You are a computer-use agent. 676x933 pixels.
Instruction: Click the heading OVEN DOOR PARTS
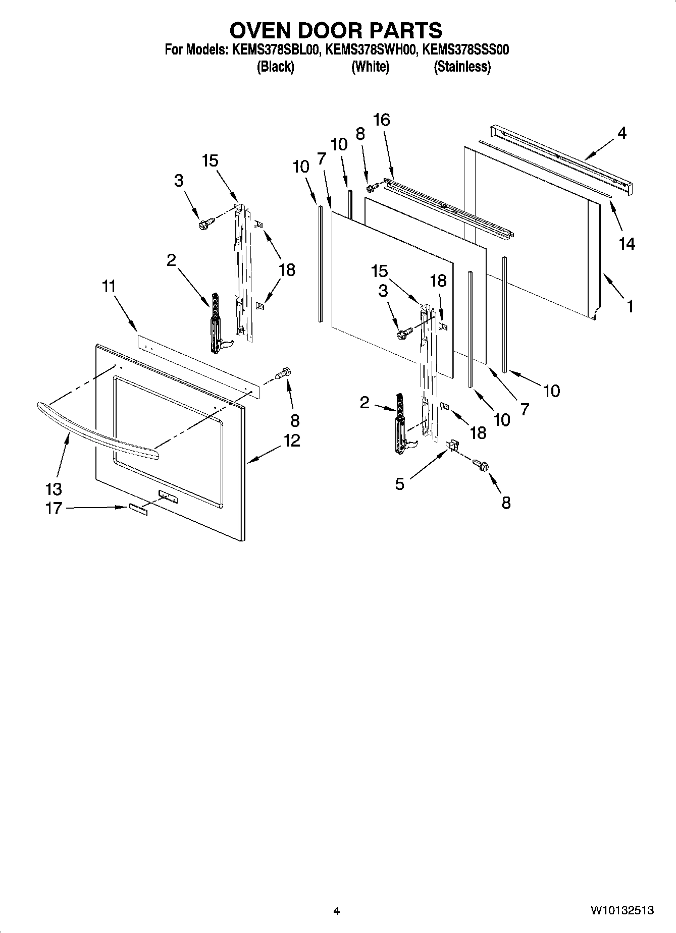pos(336,30)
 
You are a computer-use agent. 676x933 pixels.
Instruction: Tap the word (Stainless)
pos(462,67)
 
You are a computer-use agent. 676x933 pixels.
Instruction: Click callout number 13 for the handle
pos(53,488)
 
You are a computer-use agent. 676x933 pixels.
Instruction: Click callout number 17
pos(53,508)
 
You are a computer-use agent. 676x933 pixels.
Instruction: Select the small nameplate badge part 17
pos(137,509)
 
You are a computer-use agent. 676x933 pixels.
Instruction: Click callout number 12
pos(291,441)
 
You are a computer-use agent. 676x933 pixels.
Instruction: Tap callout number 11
pos(109,287)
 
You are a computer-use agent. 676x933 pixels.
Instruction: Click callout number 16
pos(382,120)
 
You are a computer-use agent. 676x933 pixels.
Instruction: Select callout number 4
pos(621,133)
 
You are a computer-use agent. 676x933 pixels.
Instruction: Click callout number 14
pos(627,244)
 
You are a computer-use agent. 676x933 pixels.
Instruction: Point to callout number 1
pos(630,306)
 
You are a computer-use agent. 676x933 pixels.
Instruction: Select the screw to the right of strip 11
pos(283,374)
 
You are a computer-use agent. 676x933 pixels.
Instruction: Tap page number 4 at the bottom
pos(336,911)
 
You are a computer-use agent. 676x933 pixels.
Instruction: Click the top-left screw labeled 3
pos(206,223)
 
